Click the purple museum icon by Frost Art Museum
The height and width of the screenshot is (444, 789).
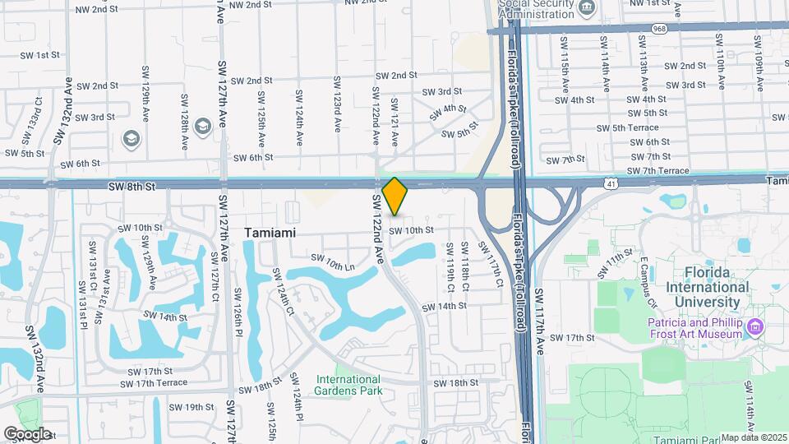coord(755,329)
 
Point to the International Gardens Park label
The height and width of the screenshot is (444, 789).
coord(348,386)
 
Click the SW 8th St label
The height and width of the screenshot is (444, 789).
coord(131,187)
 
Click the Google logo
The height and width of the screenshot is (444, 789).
coord(27,433)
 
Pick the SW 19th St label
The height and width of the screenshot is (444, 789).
coord(191,407)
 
